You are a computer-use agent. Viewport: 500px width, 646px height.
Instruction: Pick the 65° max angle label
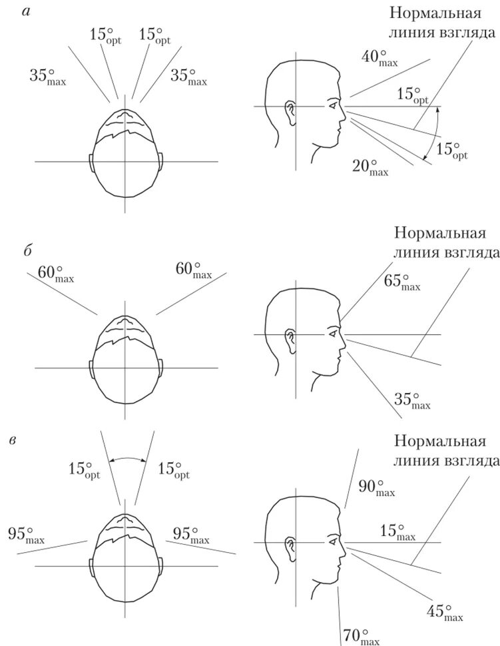(401, 281)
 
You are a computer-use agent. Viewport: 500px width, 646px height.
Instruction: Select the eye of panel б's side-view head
(331, 333)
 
